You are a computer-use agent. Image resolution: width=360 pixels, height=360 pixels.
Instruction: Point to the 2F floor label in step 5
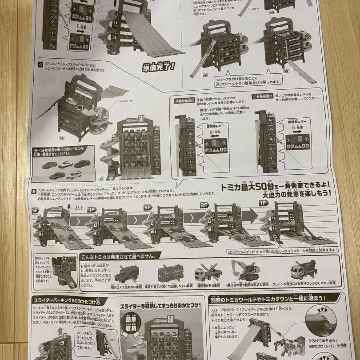click(204, 206)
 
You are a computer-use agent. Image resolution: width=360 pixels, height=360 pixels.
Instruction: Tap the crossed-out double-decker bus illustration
click(170, 272)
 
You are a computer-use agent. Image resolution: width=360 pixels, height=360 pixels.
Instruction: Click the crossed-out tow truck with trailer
click(208, 272)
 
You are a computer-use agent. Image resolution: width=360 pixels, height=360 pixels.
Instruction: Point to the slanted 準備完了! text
click(159, 67)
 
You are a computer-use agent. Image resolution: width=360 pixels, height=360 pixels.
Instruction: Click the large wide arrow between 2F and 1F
click(248, 216)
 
